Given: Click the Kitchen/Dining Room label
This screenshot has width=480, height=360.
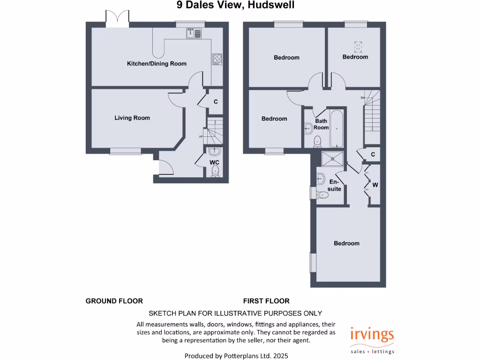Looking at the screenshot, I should pos(157,64).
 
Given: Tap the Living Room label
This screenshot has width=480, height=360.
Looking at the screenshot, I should pos(132,118).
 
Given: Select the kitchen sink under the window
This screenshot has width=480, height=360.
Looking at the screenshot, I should pos(194,33).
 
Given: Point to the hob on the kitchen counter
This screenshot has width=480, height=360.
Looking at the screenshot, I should pos(217,59).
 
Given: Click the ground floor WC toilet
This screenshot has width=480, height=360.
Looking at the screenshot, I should pos(215,172).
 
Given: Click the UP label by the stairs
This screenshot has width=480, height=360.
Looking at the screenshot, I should pos(201,137).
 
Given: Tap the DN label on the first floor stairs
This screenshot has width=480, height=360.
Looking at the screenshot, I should pos(362,97).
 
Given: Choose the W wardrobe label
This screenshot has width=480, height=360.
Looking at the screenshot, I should pos(375,185).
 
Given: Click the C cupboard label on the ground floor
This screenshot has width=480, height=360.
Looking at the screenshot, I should pos(216,102).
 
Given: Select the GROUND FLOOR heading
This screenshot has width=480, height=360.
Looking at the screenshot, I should pos(114,301).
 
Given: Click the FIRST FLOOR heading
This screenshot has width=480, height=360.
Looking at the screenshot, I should pos(266,301).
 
